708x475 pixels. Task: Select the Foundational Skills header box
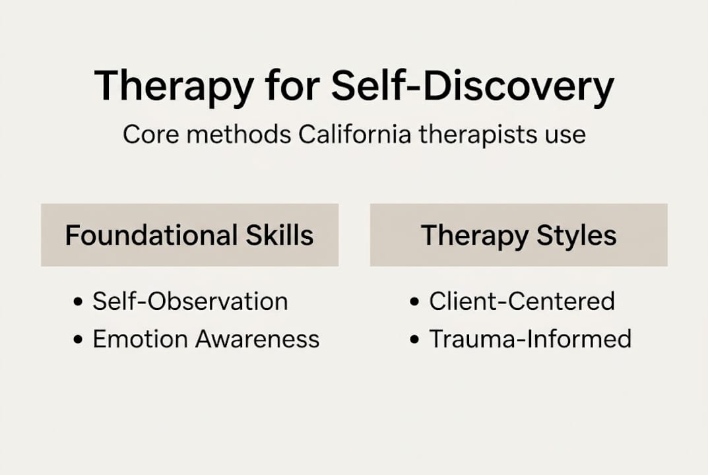pyautogui.click(x=189, y=235)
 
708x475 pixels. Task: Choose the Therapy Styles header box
pyautogui.click(x=519, y=235)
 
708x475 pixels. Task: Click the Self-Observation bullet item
pyautogui.click(x=190, y=301)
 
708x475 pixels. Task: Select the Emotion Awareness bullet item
pyautogui.click(x=206, y=339)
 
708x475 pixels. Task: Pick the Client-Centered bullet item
pyautogui.click(x=521, y=301)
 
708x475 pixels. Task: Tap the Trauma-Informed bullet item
pyautogui.click(x=530, y=339)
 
